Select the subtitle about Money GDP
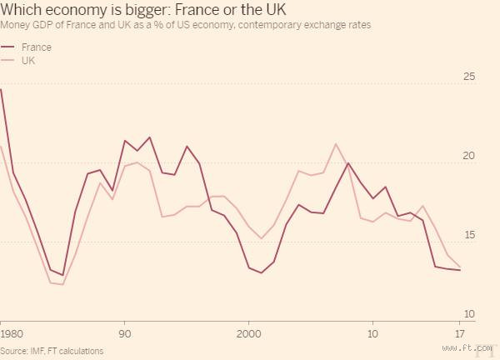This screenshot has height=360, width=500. pyautogui.click(x=186, y=26)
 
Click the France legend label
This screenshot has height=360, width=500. pyautogui.click(x=36, y=47)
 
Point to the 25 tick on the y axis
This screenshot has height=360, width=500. pyautogui.click(x=468, y=77)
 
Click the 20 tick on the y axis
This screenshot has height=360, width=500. pyautogui.click(x=468, y=157)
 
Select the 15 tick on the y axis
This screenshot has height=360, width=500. pyautogui.click(x=468, y=235)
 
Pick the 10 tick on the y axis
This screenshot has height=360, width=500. pyautogui.click(x=468, y=313)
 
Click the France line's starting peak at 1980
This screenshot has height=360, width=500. pyautogui.click(x=1, y=89)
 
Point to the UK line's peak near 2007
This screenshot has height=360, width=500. pyautogui.click(x=336, y=144)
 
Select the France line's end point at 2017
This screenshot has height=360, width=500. pyautogui.click(x=460, y=270)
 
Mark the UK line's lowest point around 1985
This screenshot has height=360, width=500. pyautogui.click(x=62, y=285)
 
